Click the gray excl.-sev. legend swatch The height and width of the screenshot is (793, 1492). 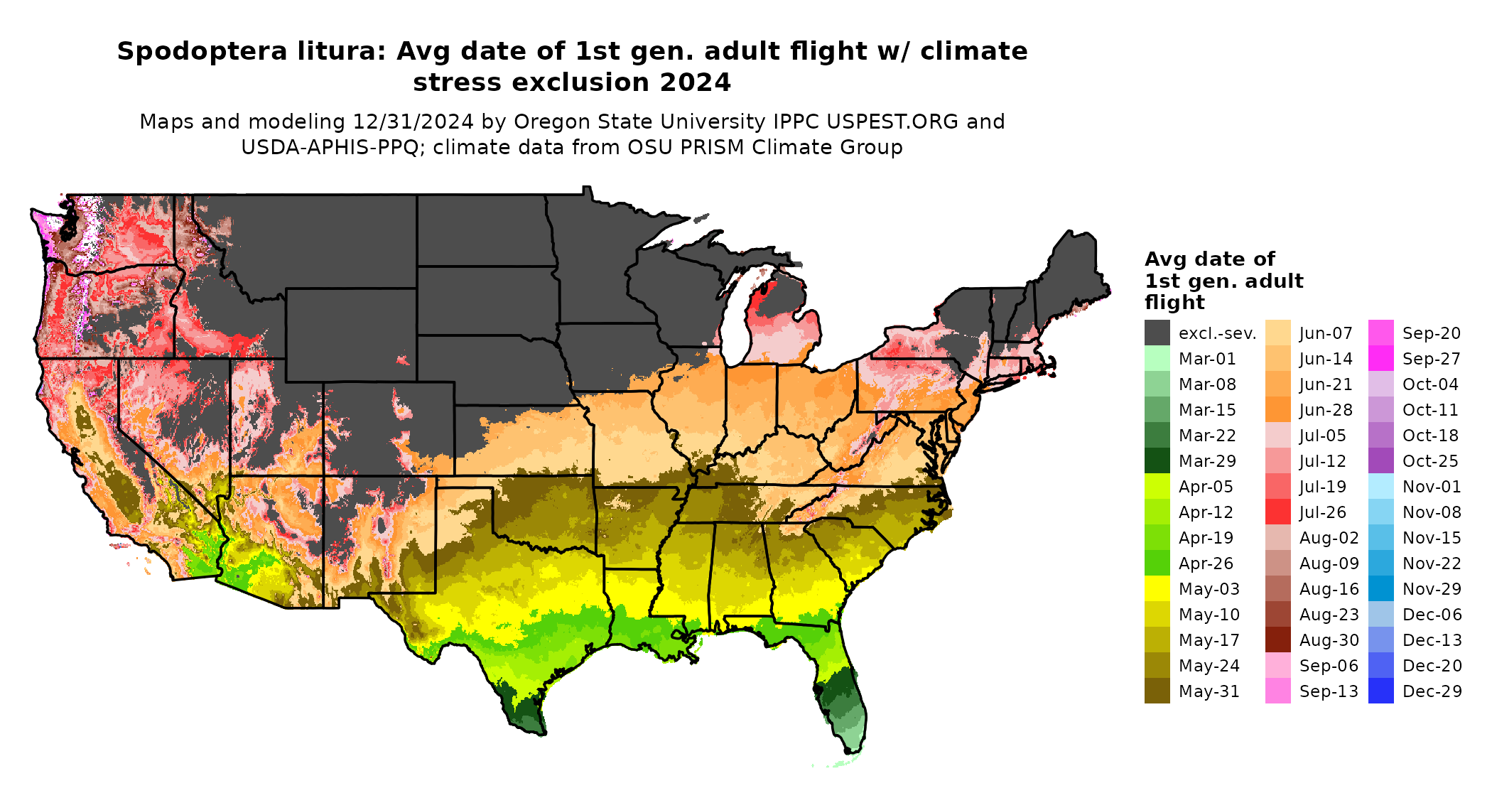tap(1157, 333)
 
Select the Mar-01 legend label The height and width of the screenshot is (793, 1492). tap(1207, 359)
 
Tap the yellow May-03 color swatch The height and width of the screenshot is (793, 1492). tap(1157, 588)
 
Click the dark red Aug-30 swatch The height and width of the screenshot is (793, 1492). tap(1277, 640)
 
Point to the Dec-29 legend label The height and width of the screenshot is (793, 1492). tap(1432, 691)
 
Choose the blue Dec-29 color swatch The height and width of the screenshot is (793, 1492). tap(1380, 691)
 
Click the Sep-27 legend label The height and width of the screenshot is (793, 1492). tap(1431, 359)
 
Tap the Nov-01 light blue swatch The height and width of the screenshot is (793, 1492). tap(1380, 486)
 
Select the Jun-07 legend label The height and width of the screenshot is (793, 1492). tap(1326, 333)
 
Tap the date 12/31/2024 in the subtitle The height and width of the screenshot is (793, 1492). tap(413, 122)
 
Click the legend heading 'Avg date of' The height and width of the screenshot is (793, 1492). tap(1209, 259)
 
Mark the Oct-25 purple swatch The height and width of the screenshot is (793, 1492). tap(1380, 460)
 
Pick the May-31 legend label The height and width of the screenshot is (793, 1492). tap(1209, 691)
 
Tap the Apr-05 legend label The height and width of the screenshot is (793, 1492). tap(1206, 487)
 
